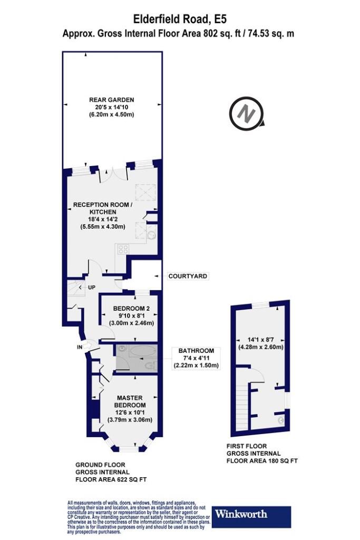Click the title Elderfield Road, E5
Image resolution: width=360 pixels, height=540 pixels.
pyautogui.click(x=180, y=19)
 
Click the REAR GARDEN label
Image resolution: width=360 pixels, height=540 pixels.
pyautogui.click(x=112, y=100)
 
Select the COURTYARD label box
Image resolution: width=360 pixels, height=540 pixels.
pyautogui.click(x=188, y=276)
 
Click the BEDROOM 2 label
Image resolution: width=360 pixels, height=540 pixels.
pyautogui.click(x=131, y=308)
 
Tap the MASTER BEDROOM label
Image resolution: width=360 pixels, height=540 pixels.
pyautogui.click(x=130, y=401)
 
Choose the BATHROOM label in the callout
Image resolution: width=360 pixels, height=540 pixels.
pyautogui.click(x=196, y=351)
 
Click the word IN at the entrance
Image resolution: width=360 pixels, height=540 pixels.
pyautogui.click(x=80, y=347)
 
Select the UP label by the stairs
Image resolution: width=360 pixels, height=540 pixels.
pyautogui.click(x=92, y=287)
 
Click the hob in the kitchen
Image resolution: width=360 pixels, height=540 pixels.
pyautogui.click(x=123, y=249)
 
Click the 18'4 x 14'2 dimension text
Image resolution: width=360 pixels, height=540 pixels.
pyautogui.click(x=103, y=219)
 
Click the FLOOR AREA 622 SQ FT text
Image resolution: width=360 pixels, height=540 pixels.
pyautogui.click(x=111, y=479)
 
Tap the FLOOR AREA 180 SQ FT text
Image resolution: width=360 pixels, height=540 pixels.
pyautogui.click(x=262, y=461)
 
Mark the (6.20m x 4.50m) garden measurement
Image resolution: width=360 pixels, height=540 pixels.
pyautogui.click(x=112, y=114)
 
